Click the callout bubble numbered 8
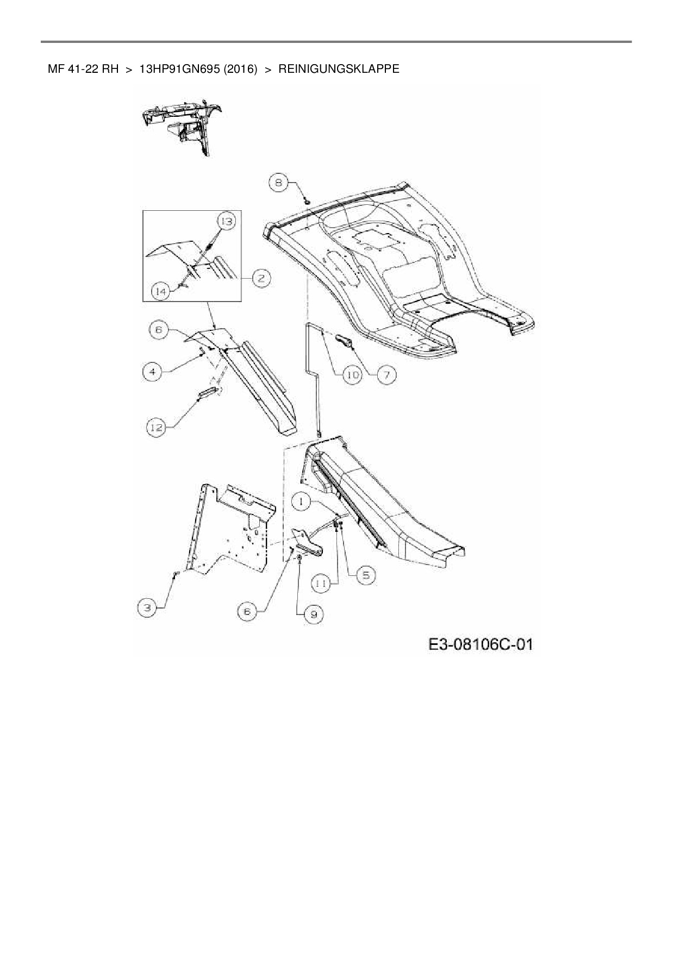(x=279, y=183)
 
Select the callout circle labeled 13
(x=226, y=221)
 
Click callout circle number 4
(x=153, y=372)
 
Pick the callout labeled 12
(x=157, y=427)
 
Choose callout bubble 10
(x=353, y=374)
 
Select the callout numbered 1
(x=303, y=501)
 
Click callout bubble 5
(x=366, y=575)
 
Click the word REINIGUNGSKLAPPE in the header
(x=339, y=69)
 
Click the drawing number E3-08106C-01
(x=480, y=645)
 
